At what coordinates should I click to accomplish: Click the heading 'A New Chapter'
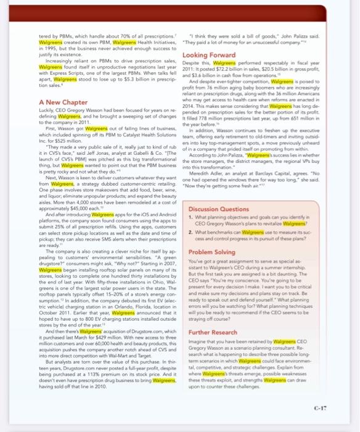tap(62, 102)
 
